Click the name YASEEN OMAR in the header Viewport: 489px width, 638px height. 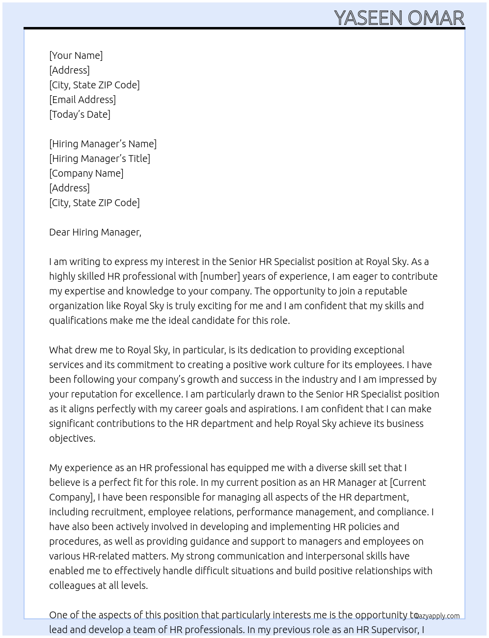399,18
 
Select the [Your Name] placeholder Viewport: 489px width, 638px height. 76,55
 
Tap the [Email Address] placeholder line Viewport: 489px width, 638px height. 82,100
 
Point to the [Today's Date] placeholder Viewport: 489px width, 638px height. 80,114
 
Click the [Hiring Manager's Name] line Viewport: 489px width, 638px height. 103,144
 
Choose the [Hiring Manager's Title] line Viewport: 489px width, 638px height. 100,159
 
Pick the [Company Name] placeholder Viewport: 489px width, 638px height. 86,173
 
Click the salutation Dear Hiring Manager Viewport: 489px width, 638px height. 95,232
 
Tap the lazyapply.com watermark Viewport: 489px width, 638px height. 437,616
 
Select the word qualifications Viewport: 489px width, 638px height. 78,320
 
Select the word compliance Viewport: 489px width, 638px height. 402,512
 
